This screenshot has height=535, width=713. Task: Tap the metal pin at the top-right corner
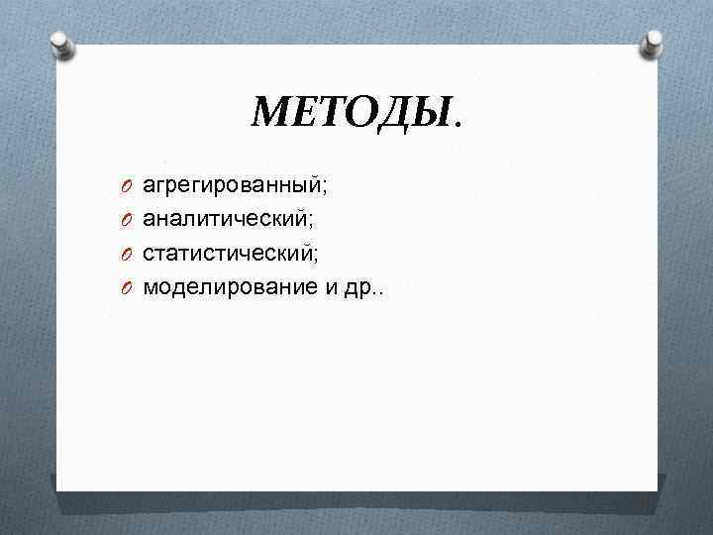pos(655,43)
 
